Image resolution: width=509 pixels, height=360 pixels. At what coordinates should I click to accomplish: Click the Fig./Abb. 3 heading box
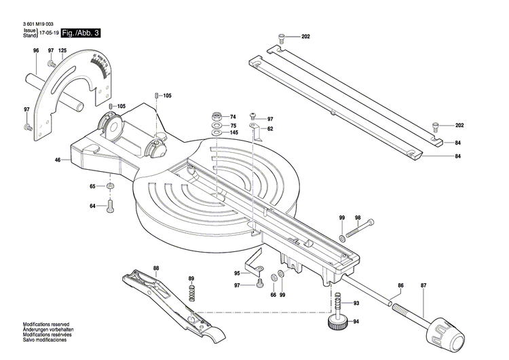[80, 33]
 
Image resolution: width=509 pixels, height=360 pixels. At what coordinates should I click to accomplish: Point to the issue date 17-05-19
[48, 33]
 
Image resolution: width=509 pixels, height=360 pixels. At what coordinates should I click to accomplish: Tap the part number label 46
[58, 160]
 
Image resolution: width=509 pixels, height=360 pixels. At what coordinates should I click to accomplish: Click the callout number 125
[62, 51]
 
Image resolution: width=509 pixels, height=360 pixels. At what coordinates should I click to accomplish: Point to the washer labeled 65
[110, 186]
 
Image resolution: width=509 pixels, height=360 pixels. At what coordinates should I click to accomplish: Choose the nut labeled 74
[216, 116]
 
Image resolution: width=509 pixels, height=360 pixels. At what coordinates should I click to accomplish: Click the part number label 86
[400, 285]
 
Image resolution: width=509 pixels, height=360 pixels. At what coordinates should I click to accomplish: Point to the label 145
[233, 132]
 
